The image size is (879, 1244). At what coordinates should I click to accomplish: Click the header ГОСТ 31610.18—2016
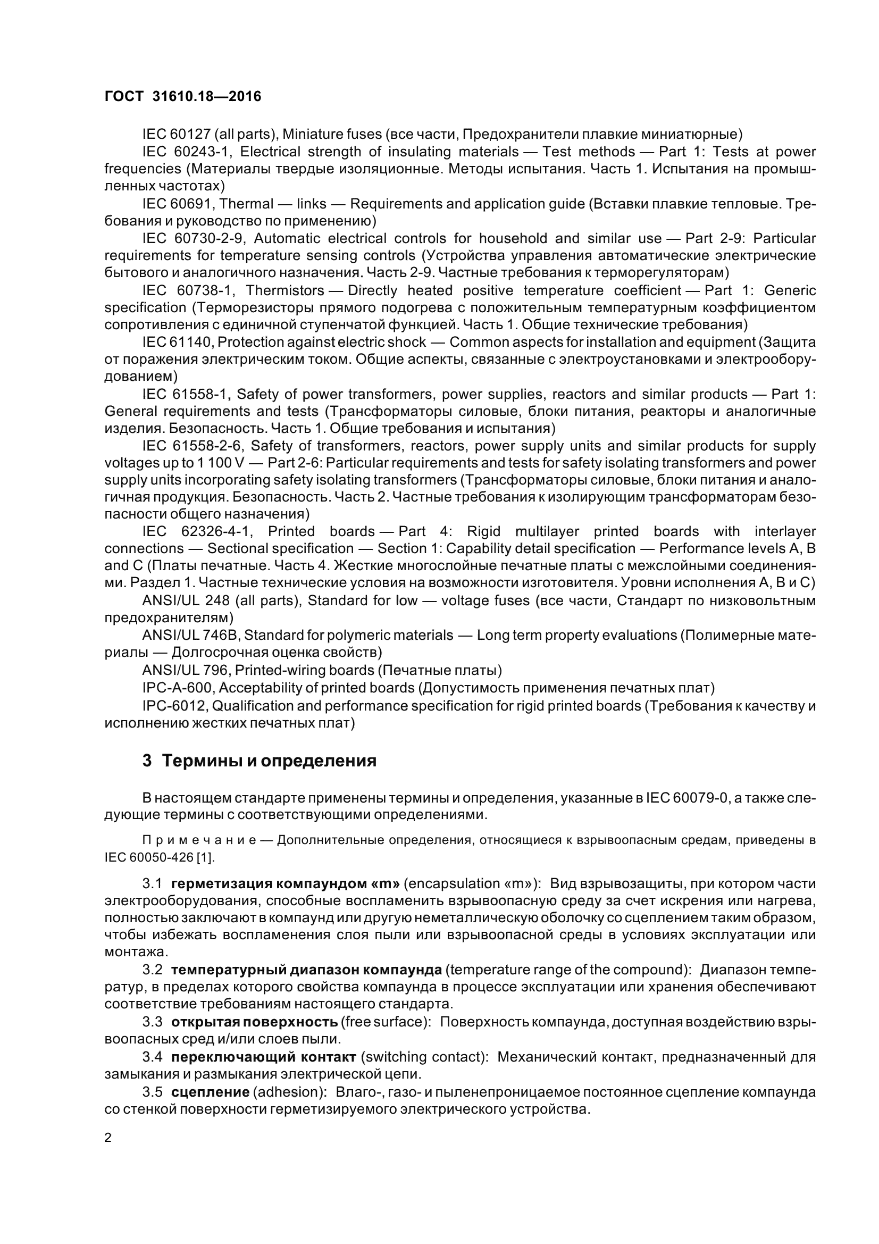click(x=182, y=97)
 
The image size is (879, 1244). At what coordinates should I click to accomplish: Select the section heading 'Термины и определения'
click(x=269, y=761)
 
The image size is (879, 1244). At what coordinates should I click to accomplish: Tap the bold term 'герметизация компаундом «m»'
click(x=286, y=884)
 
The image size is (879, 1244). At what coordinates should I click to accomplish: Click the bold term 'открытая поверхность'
click(x=255, y=1022)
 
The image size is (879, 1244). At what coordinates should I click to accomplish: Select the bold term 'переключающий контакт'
click(x=264, y=1057)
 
